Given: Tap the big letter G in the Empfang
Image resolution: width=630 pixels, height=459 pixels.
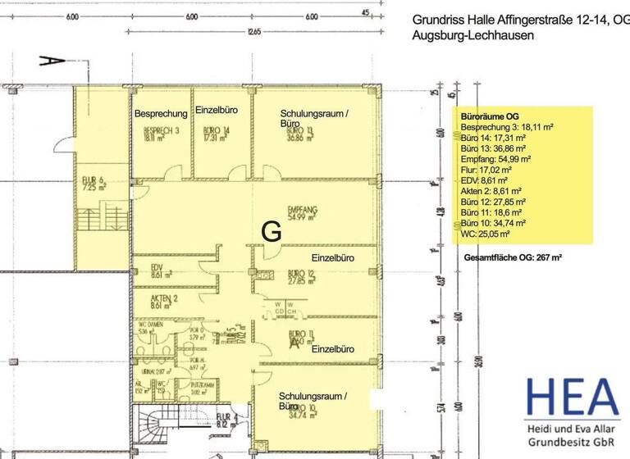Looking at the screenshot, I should click(x=272, y=232).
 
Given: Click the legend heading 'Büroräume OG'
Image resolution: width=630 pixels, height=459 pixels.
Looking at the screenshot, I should click(x=491, y=116).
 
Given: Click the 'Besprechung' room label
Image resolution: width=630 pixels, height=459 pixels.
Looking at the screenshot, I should click(x=162, y=113).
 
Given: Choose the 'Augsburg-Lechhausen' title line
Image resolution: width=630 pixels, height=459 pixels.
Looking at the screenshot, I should click(x=473, y=36).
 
